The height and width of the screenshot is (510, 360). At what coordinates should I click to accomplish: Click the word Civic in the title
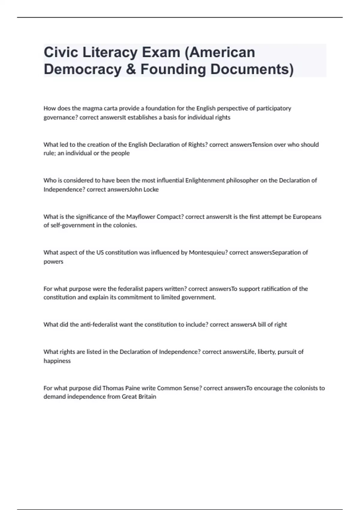click(61, 52)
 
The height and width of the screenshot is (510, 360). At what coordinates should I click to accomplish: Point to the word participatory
click(273, 108)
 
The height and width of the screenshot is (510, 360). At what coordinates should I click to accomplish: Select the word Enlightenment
click(205, 181)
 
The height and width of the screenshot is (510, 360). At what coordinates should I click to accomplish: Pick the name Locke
click(151, 190)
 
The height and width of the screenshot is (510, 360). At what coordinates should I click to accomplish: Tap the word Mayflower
click(140, 217)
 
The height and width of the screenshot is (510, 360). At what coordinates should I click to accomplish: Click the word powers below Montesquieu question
click(53, 262)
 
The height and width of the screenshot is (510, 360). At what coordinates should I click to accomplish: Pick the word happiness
click(57, 361)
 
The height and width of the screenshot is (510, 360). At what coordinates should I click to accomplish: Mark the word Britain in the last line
click(147, 397)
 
